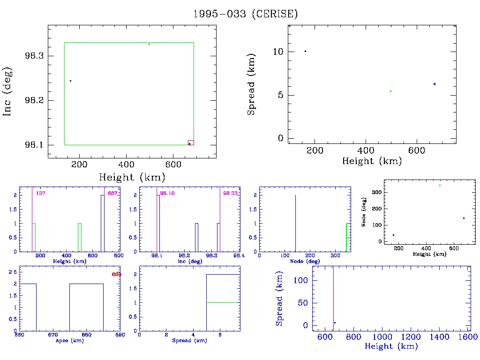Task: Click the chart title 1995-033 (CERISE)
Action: pyautogui.click(x=246, y=14)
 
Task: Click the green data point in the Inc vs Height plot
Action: pyautogui.click(x=149, y=44)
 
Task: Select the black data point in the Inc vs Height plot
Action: pyautogui.click(x=70, y=81)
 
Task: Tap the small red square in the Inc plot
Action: pyautogui.click(x=190, y=142)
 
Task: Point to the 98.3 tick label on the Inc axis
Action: pyautogui.click(x=35, y=56)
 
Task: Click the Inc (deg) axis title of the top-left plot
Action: pyautogui.click(x=7, y=91)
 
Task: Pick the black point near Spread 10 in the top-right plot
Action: pyautogui.click(x=305, y=51)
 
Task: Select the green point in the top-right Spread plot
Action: pyautogui.click(x=390, y=91)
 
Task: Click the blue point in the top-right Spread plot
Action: pyautogui.click(x=435, y=84)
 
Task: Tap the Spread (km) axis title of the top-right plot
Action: pyautogui.click(x=251, y=91)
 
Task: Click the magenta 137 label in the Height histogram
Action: pyautogui.click(x=40, y=193)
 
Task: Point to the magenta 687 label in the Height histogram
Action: pyautogui.click(x=112, y=193)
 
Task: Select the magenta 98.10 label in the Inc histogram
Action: pyautogui.click(x=167, y=193)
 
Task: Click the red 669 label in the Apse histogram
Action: pyautogui.click(x=116, y=274)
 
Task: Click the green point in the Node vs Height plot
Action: pyautogui.click(x=440, y=185)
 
